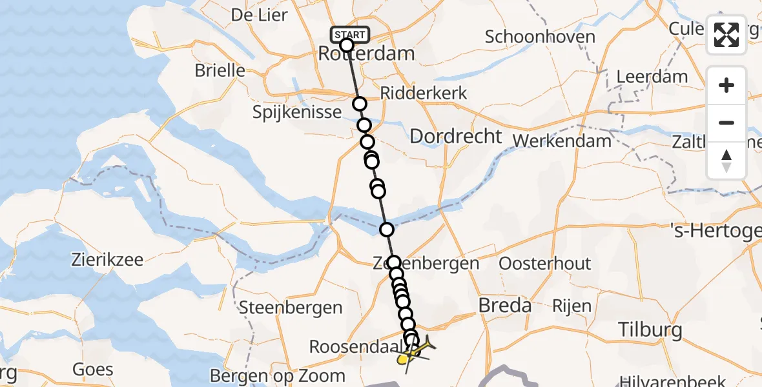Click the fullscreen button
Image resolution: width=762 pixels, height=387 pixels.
[726, 35]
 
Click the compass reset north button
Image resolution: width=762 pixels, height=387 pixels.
[726, 161]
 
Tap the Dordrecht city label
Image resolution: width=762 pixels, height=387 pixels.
[456, 136]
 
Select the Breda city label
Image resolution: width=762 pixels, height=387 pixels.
[505, 305]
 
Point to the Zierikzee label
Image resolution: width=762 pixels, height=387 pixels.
[108, 261]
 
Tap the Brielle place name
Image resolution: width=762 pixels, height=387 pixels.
[220, 70]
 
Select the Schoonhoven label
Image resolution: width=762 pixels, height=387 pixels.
[540, 37]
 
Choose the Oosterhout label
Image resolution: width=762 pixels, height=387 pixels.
[545, 263]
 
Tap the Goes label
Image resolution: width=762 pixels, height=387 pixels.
[93, 370]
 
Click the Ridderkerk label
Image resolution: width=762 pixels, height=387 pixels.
[424, 93]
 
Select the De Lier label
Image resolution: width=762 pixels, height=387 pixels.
[259, 14]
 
